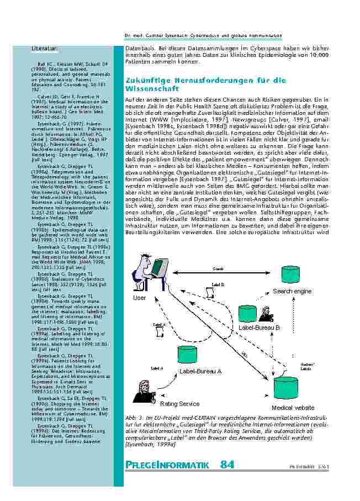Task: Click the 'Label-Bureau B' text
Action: tap(259, 328)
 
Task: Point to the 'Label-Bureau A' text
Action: tap(200, 371)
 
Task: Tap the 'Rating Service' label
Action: tap(179, 404)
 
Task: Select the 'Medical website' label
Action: tap(293, 408)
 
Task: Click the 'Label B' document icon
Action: tap(218, 293)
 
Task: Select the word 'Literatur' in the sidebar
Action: tap(41, 50)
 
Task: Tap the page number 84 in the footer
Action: tap(227, 465)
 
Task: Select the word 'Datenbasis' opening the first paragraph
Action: tap(140, 49)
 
